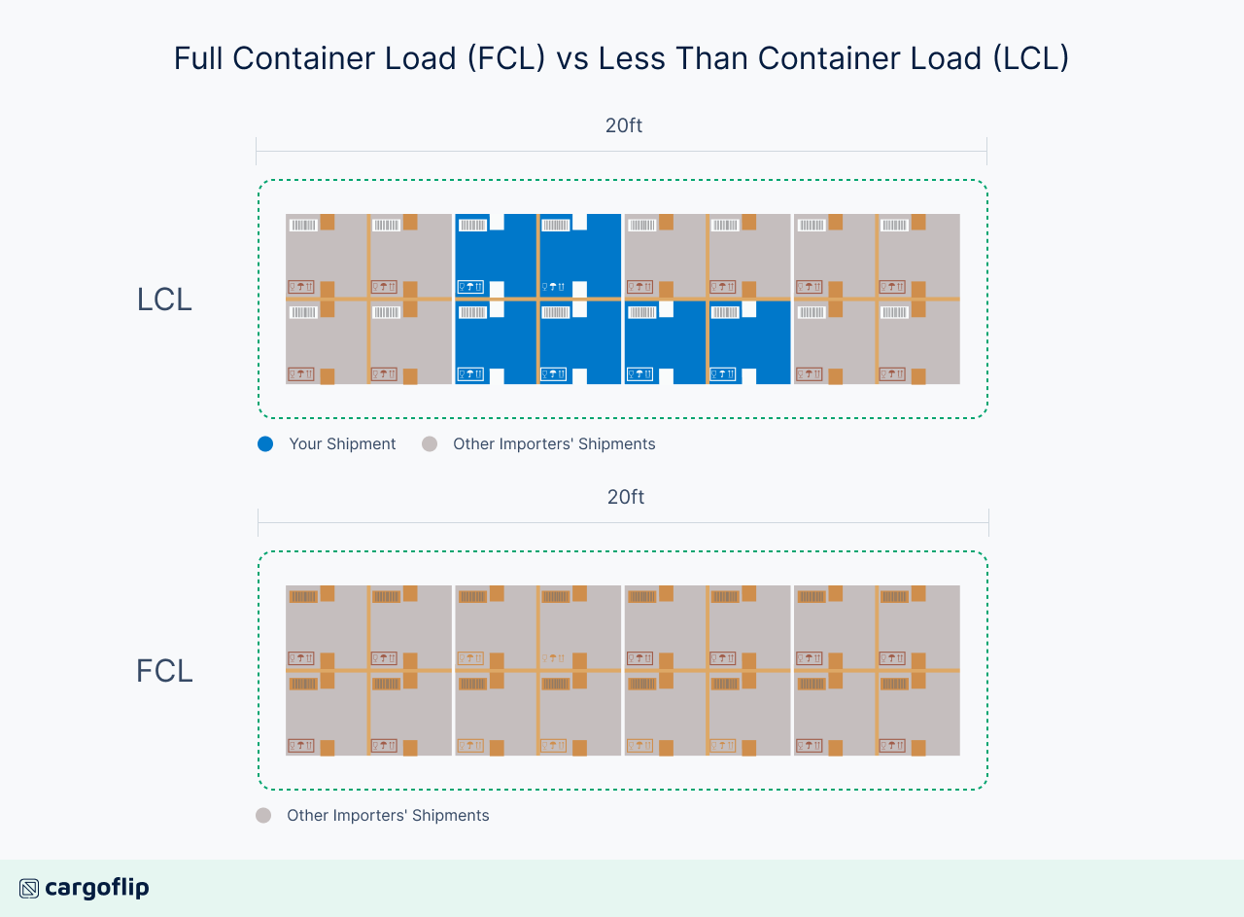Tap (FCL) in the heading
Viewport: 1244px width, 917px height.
(505, 58)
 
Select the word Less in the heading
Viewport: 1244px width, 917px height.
(629, 58)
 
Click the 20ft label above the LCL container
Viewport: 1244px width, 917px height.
(624, 125)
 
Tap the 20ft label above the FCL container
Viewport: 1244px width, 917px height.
(626, 497)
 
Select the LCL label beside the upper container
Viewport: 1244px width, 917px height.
(164, 300)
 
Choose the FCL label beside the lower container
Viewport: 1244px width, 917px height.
(164, 671)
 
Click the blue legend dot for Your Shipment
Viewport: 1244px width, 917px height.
(265, 443)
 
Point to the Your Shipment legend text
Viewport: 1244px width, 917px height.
(342, 443)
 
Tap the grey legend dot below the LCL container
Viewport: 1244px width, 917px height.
(430, 443)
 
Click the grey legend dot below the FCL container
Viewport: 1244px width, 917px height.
(263, 815)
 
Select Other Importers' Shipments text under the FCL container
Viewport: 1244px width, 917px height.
(388, 815)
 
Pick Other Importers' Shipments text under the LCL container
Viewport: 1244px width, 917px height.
(554, 443)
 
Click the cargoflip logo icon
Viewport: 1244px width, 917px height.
(29, 888)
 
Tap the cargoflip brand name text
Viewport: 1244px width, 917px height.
(97, 888)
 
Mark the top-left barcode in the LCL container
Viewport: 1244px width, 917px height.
(303, 225)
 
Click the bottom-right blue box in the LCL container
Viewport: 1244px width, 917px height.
(749, 343)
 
